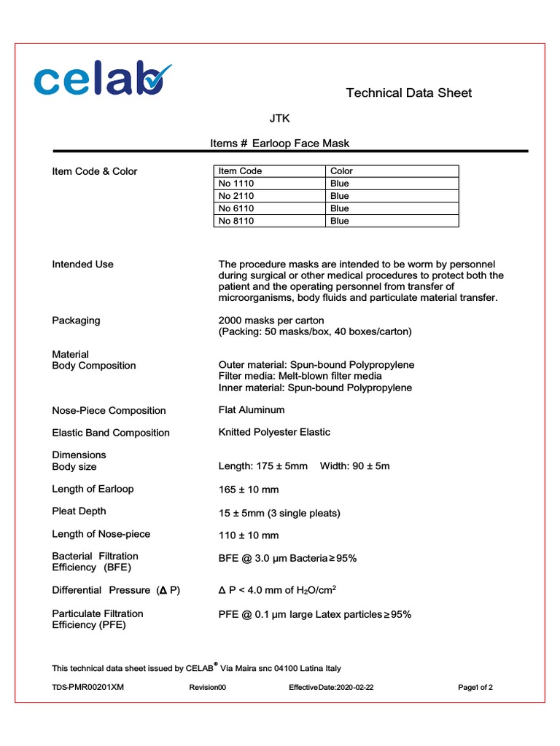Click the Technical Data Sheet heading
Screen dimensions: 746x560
click(x=408, y=93)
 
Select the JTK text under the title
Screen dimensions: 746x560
click(x=280, y=118)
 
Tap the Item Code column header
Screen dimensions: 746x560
click(x=240, y=171)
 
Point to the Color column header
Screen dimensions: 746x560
click(x=341, y=171)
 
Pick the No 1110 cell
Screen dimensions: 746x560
click(x=236, y=184)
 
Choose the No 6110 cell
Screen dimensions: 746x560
click(x=236, y=208)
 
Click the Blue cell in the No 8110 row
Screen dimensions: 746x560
click(x=340, y=221)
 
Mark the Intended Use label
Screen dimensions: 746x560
click(x=82, y=264)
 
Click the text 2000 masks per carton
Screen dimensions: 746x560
click(x=271, y=321)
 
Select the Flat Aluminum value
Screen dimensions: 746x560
click(x=252, y=410)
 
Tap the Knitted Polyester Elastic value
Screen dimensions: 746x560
click(x=274, y=432)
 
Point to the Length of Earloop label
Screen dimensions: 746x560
click(x=93, y=489)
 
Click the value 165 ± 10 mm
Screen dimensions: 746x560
click(x=249, y=490)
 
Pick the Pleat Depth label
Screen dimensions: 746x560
click(x=79, y=511)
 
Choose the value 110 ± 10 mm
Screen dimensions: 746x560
click(x=249, y=535)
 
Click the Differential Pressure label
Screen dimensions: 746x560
click(x=116, y=590)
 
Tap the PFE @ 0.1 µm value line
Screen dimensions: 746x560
click(x=315, y=614)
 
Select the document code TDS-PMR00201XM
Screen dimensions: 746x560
click(x=88, y=687)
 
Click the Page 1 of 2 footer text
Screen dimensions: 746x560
click(x=475, y=687)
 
